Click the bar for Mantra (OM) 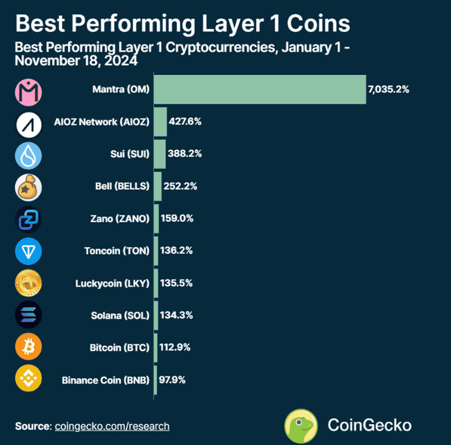tap(259, 90)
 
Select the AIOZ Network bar tap(160, 121)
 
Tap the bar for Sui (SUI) tap(160, 153)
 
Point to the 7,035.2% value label tap(389, 90)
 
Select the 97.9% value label tap(173, 380)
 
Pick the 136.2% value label tap(178, 251)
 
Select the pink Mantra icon tap(28, 90)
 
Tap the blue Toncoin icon tap(28, 251)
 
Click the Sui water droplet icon tap(28, 155)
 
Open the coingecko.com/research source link tap(112, 426)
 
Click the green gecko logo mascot tap(302, 425)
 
